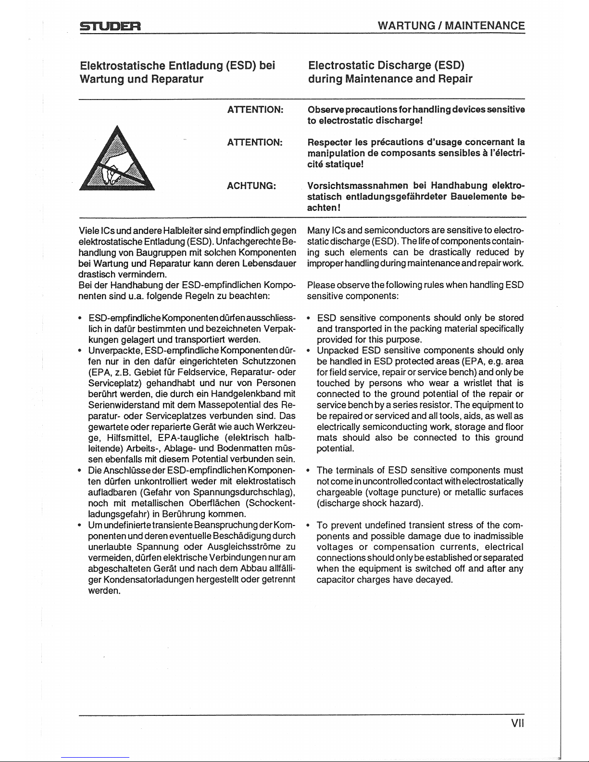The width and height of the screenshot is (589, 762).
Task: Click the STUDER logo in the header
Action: click(x=109, y=26)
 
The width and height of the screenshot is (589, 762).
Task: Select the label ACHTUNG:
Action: click(x=251, y=186)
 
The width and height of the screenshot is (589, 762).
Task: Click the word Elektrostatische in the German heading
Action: click(x=122, y=65)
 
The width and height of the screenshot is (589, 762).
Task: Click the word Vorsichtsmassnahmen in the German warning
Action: click(x=358, y=186)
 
